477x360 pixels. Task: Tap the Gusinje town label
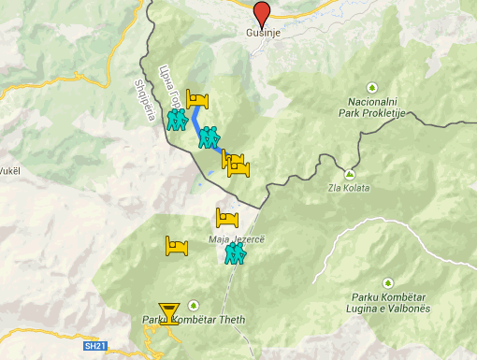tap(263, 31)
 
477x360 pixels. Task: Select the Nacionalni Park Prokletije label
tap(373, 105)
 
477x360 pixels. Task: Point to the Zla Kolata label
tap(348, 188)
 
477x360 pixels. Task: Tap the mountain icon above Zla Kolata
tap(349, 174)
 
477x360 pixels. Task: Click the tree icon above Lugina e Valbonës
tap(385, 282)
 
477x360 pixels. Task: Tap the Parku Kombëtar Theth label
tap(194, 320)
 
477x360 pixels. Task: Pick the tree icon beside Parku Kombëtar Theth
tap(194, 305)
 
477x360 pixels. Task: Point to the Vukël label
tap(9, 171)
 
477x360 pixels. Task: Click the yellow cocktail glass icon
tap(169, 313)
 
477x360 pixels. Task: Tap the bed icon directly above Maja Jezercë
tap(229, 219)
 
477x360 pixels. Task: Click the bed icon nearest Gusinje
tap(198, 100)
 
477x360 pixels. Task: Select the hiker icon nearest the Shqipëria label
tap(177, 120)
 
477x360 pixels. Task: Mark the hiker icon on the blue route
tap(209, 137)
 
